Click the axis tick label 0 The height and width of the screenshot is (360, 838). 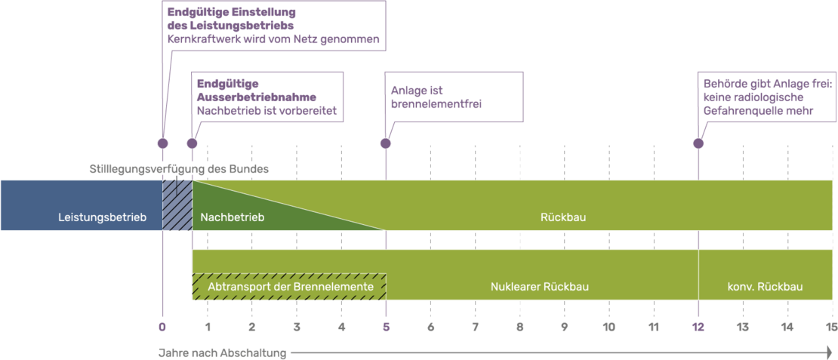[162, 327]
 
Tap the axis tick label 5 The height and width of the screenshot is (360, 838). [385, 327]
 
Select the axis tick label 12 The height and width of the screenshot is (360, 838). [698, 327]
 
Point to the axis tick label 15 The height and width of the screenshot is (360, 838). [831, 327]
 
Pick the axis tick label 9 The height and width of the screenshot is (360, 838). [564, 327]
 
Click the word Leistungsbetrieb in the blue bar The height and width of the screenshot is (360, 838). [103, 217]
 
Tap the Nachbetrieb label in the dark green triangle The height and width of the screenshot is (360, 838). [233, 217]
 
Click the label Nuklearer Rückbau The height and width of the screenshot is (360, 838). [539, 287]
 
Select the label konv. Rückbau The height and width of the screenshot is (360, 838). [765, 287]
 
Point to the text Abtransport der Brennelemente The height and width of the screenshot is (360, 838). [290, 287]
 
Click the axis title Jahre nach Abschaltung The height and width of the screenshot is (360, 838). [222, 353]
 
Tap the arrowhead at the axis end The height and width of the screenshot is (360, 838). [829, 353]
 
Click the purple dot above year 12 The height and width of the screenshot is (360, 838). [698, 143]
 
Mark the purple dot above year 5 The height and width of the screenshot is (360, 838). [385, 143]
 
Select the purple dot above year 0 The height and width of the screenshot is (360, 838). [162, 143]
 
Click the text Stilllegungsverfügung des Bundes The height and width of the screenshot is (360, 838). [178, 169]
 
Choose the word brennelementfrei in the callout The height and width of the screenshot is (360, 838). [436, 104]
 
